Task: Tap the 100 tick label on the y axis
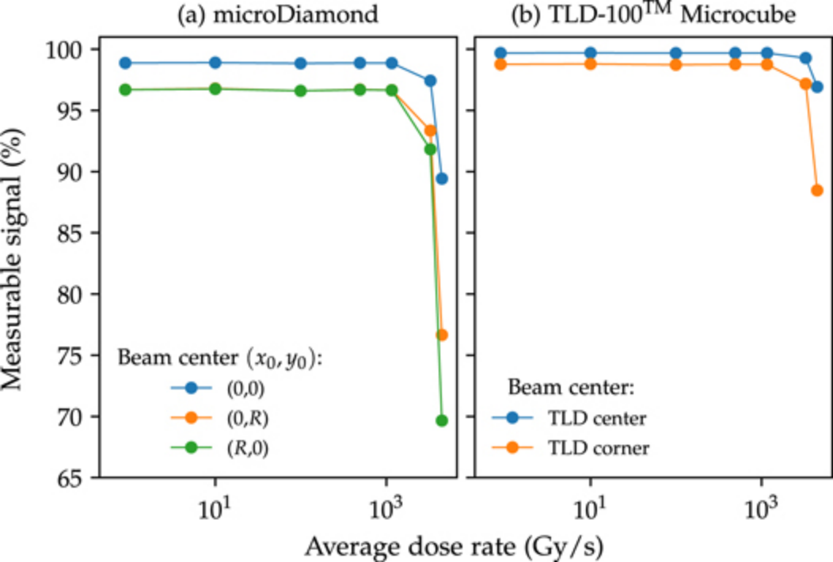(65, 50)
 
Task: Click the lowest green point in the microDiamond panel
(442, 420)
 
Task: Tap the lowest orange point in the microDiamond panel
(442, 335)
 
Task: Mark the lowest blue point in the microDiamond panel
(442, 178)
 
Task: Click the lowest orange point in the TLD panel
(817, 190)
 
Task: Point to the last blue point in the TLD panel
(817, 86)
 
